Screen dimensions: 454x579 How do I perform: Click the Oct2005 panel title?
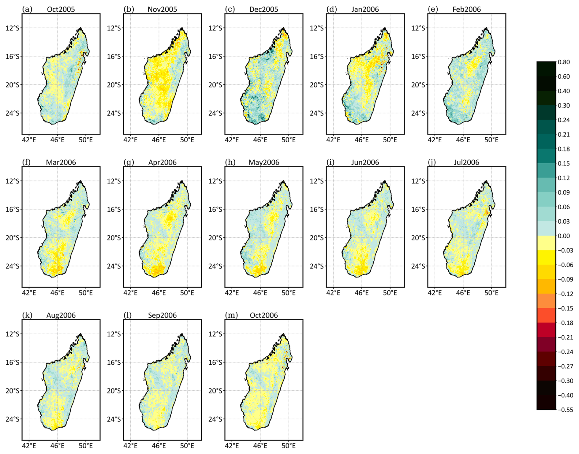(61, 9)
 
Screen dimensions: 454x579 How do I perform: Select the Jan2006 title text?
(365, 9)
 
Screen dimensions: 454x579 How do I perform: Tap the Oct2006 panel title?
(263, 315)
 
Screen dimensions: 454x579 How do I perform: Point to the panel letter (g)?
(129, 162)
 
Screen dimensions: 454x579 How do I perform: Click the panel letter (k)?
(27, 315)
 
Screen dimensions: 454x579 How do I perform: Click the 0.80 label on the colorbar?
(564, 62)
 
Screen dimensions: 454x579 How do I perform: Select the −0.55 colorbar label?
(565, 410)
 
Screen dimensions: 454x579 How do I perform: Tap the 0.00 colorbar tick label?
(564, 236)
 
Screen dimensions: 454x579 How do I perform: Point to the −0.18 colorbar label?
(565, 323)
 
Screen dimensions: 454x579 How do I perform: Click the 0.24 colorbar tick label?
(564, 120)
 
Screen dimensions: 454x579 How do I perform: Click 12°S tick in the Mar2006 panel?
(12, 181)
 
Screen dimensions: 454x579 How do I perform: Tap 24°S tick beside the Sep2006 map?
(114, 419)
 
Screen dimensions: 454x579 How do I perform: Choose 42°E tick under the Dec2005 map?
(232, 140)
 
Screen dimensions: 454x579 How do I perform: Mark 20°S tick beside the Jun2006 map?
(316, 238)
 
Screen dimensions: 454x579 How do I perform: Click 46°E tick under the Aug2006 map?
(57, 446)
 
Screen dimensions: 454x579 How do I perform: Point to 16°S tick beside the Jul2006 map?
(418, 209)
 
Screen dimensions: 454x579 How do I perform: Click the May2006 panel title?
(263, 162)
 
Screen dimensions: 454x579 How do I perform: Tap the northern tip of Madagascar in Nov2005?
(182, 28)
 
